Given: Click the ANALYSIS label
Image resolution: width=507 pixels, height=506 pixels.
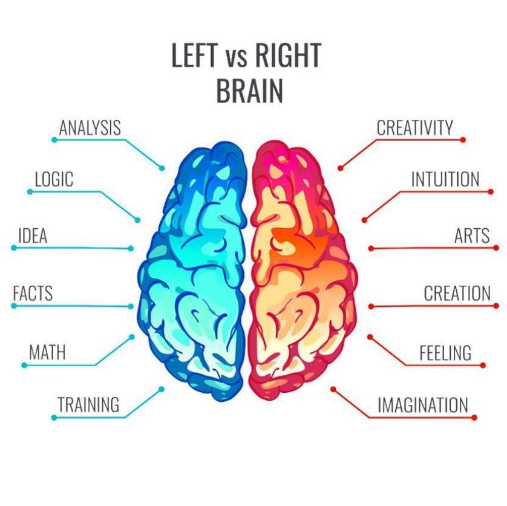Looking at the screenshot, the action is pyautogui.click(x=90, y=128).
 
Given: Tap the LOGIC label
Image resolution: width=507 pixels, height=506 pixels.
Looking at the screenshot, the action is pyautogui.click(x=54, y=179).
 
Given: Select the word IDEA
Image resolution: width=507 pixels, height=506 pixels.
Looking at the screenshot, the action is pyautogui.click(x=33, y=235).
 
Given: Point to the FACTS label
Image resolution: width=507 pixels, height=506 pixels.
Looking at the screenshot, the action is pyautogui.click(x=33, y=293).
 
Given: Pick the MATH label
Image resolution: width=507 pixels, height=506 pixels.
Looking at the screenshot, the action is pyautogui.click(x=47, y=352).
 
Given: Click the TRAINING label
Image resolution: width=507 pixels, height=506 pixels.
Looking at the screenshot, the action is pyautogui.click(x=88, y=404).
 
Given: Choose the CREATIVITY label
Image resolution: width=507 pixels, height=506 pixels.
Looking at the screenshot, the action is pyautogui.click(x=415, y=128).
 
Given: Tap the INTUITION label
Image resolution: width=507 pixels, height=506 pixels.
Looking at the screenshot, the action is pyautogui.click(x=445, y=179).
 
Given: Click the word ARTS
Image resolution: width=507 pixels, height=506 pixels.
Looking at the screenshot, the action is pyautogui.click(x=472, y=235).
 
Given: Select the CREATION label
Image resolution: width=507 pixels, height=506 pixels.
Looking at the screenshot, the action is pyautogui.click(x=457, y=293).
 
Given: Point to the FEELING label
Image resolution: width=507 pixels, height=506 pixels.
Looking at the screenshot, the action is pyautogui.click(x=445, y=353).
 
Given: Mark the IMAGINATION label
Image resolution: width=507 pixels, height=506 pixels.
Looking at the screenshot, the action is pyautogui.click(x=423, y=405).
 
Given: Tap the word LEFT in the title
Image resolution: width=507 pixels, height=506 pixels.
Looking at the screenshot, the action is pyautogui.click(x=194, y=55).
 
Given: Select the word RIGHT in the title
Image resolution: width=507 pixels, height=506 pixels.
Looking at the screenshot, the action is pyautogui.click(x=288, y=55).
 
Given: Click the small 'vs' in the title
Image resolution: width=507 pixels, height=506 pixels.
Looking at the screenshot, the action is pyautogui.click(x=237, y=59).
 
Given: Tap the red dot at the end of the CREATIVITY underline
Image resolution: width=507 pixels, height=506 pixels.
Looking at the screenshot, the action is pyautogui.click(x=463, y=140).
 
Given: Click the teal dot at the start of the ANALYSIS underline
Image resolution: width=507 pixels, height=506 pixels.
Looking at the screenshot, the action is pyautogui.click(x=54, y=140).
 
